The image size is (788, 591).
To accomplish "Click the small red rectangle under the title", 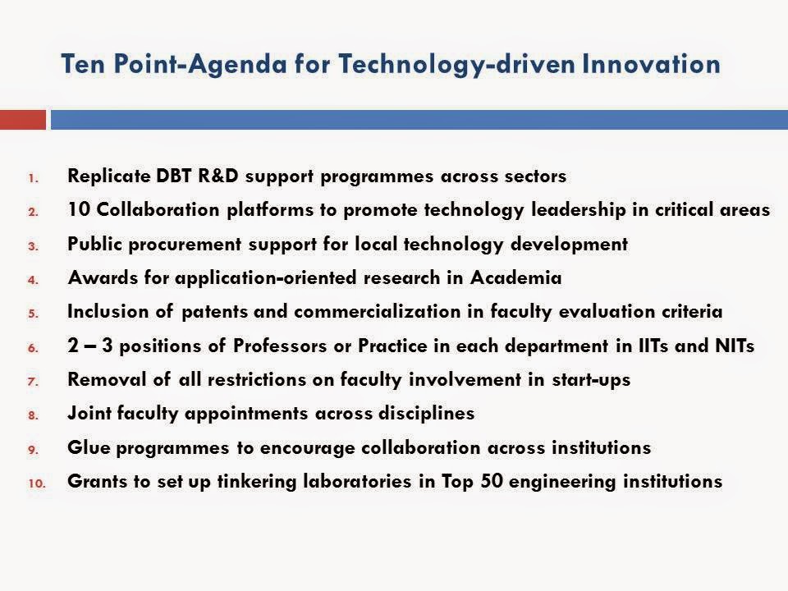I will point(22,120).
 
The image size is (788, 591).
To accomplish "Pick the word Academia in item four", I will point(516,278).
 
